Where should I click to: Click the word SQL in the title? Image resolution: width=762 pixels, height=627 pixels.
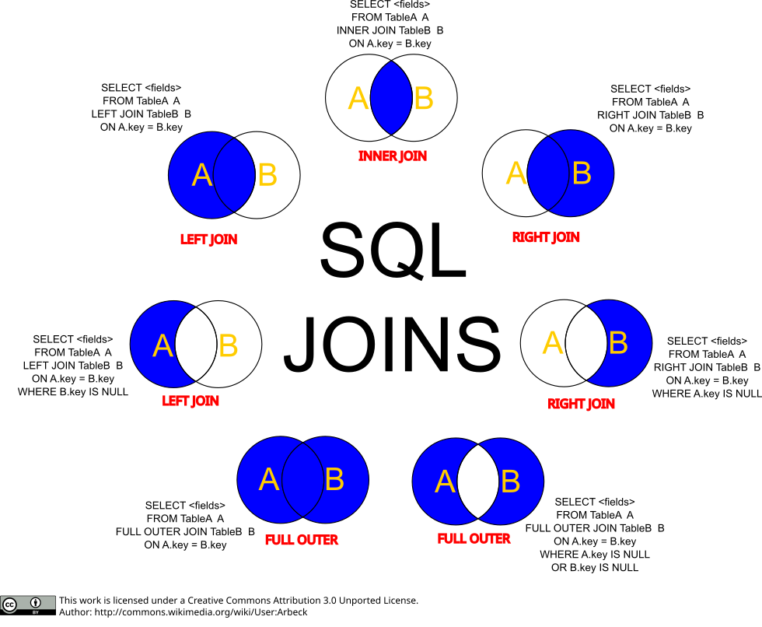coord(393,249)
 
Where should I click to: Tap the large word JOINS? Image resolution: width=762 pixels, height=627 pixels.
coord(393,344)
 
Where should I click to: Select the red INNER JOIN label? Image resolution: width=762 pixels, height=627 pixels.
coord(392,156)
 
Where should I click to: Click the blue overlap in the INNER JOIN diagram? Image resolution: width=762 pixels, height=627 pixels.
coord(391,98)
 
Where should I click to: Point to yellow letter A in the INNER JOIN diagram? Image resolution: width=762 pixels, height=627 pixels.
coord(358,99)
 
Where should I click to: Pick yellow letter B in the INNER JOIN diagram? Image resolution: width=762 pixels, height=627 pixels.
coord(423,99)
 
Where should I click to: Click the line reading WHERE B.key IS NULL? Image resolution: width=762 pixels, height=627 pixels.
coord(73,392)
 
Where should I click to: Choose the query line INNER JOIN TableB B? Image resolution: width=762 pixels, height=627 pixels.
coord(390,30)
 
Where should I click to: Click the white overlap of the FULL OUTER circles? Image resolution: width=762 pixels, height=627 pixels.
coord(477,482)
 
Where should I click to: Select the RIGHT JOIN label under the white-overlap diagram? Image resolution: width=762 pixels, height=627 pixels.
coord(581,404)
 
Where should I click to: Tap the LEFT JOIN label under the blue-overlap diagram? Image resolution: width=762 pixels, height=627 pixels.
coord(208,240)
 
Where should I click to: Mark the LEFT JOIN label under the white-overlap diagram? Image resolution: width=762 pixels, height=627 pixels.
coord(190,401)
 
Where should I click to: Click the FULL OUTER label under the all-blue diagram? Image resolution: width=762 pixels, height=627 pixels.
coord(302,540)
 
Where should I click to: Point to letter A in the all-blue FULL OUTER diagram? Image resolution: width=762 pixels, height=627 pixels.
coord(268,480)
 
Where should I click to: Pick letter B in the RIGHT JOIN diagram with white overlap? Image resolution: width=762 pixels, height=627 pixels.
coord(618,342)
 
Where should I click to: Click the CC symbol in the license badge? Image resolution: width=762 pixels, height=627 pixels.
coord(10,604)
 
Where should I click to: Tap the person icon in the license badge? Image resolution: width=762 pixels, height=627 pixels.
coord(36,603)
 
